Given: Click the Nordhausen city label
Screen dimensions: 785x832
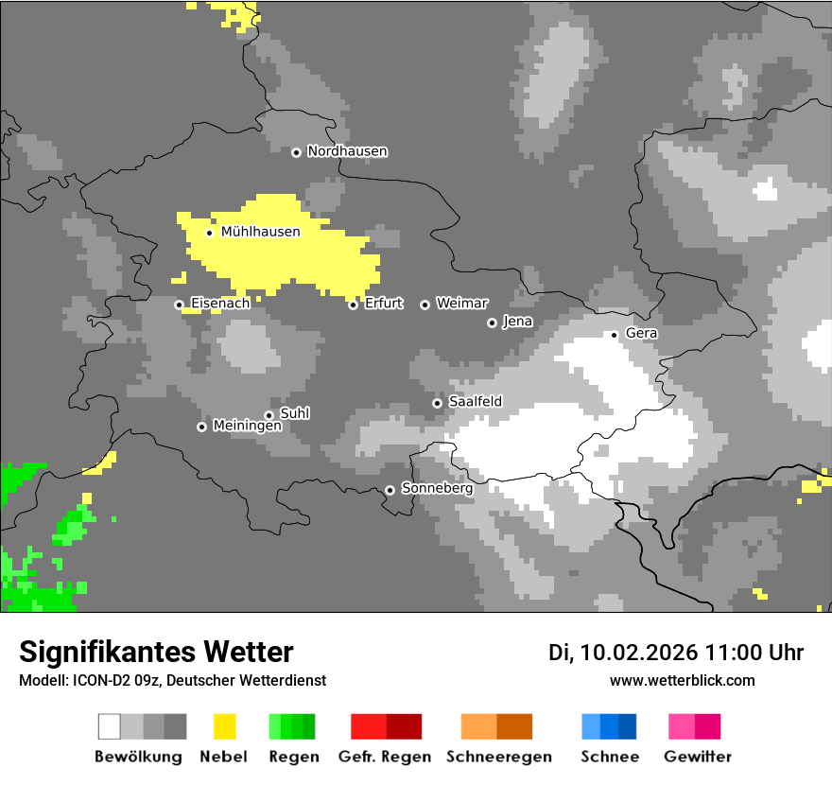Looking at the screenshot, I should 347,151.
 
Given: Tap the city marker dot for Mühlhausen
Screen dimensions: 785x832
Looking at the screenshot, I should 209,233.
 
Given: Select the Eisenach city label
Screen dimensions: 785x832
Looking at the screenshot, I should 220,304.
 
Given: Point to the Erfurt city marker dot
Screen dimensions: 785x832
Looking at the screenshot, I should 353,305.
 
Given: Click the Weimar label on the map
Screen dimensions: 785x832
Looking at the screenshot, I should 461,304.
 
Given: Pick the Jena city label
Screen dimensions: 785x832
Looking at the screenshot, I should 517,322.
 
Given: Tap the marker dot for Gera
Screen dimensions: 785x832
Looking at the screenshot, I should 614,335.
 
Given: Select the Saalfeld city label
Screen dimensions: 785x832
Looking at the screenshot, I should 475,402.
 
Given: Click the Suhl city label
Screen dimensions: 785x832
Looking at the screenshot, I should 294,413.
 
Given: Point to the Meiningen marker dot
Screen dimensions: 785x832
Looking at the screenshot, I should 201,427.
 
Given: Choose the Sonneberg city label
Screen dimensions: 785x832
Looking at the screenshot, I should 437,489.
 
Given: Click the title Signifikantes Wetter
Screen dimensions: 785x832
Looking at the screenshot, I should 156,652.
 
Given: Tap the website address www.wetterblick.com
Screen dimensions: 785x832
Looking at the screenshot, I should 682,680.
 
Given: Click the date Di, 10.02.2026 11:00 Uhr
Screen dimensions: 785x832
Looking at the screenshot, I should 676,653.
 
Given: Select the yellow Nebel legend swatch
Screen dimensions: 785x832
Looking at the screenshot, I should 224,726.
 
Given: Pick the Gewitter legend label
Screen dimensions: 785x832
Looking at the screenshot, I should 697,757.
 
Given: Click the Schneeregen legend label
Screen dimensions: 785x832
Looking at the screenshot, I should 496,757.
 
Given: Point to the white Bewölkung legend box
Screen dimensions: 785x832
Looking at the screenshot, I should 110,726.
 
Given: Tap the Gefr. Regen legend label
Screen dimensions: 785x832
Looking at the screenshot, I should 385,757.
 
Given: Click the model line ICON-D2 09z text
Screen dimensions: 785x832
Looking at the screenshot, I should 172,680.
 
